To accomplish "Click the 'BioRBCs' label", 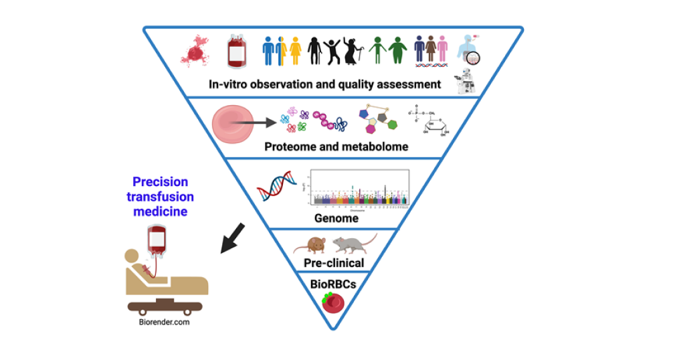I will pos(332,283).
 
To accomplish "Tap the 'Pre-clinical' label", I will pos(333,263).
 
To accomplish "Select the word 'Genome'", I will pos(336,218).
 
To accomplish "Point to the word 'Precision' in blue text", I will pos(160,182).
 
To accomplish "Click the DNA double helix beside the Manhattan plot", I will pos(277,185).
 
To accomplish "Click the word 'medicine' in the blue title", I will pos(159,211).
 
